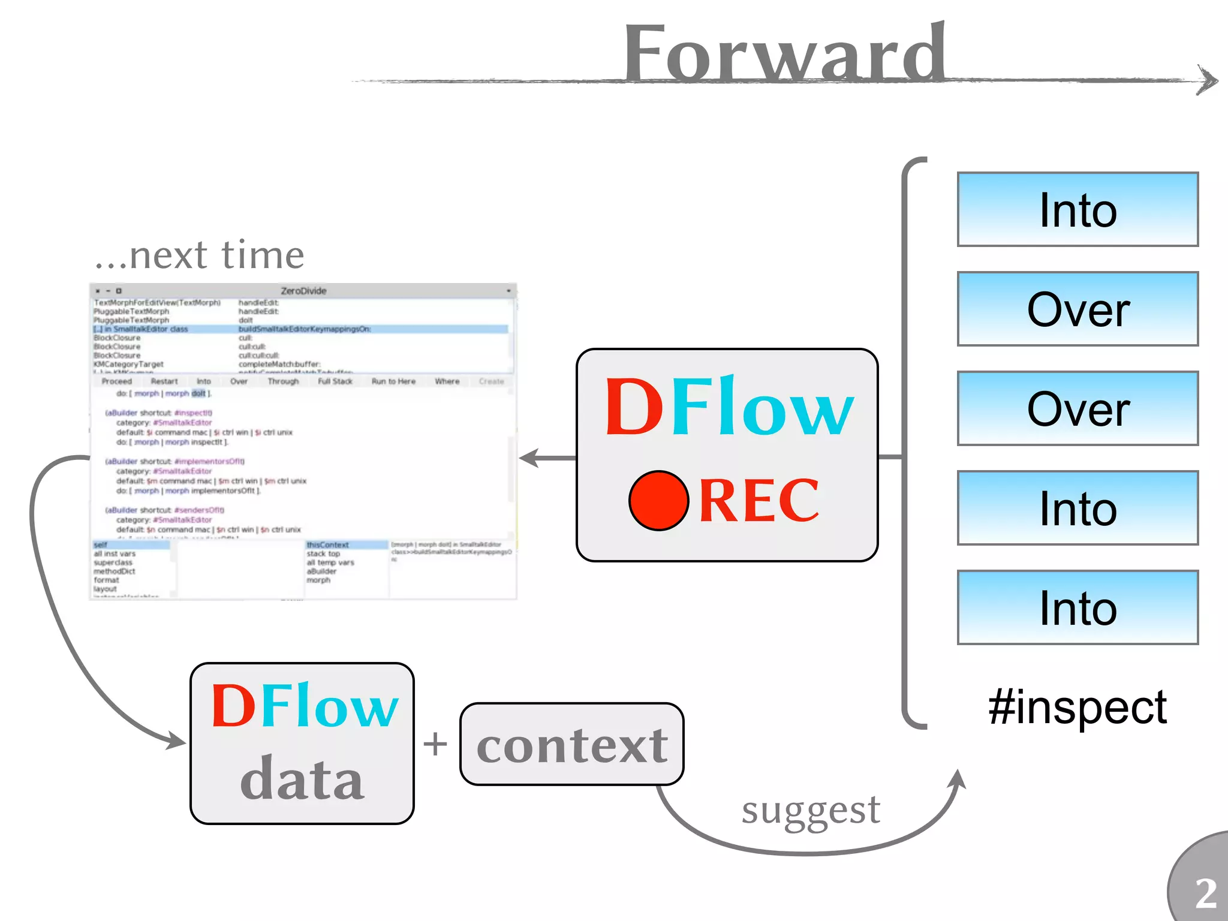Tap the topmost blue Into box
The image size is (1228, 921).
(x=1077, y=209)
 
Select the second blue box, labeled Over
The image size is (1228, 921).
(x=1077, y=309)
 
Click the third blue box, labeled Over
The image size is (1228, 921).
(x=1077, y=408)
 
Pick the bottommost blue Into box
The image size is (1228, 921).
(x=1077, y=607)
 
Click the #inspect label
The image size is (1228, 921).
(x=1077, y=707)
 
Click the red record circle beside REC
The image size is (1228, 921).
(x=658, y=500)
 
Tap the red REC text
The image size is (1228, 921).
(x=759, y=500)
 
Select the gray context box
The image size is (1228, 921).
(x=571, y=744)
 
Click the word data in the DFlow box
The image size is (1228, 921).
(x=302, y=778)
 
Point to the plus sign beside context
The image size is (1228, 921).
(x=435, y=744)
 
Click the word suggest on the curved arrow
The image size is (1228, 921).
(x=811, y=810)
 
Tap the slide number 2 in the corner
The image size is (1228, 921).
(x=1206, y=893)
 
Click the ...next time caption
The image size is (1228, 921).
(x=200, y=254)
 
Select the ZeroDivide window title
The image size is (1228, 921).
(x=303, y=291)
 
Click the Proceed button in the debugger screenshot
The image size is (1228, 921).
(x=116, y=381)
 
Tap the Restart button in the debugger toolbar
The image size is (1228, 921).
(x=164, y=381)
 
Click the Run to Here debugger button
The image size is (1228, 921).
(x=393, y=381)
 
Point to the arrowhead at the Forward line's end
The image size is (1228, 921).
(x=1208, y=80)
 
